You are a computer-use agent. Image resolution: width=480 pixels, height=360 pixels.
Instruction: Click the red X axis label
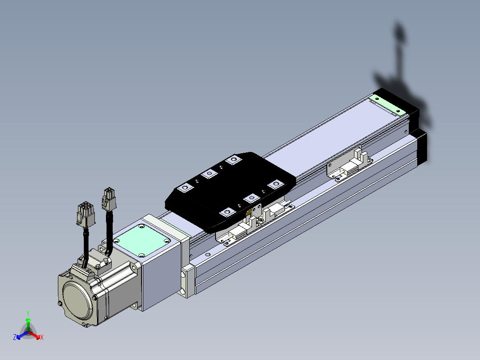point(42,337)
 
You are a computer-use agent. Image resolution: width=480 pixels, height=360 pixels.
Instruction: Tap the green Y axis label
point(28,313)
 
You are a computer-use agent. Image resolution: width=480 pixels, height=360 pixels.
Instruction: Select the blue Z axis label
point(15,337)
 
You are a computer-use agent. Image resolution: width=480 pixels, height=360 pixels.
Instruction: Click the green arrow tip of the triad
point(28,319)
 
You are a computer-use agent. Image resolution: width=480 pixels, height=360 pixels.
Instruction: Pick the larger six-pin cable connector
point(85,214)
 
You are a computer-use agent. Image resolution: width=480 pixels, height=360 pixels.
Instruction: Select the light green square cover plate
point(142,240)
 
